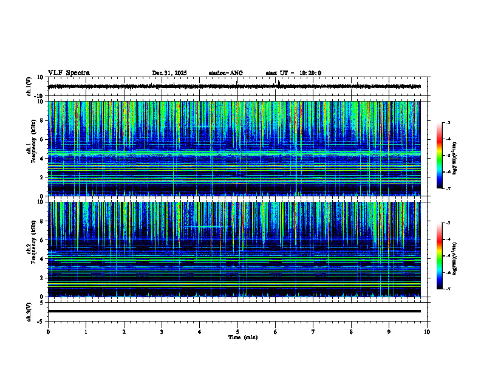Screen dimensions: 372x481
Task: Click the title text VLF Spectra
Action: pyautogui.click(x=69, y=73)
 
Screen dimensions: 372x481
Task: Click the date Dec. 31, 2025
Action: pyautogui.click(x=169, y=73)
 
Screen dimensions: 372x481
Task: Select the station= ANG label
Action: pyautogui.click(x=225, y=73)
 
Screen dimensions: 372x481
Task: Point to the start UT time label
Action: pyautogui.click(x=293, y=73)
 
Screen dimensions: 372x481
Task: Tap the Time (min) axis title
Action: pyautogui.click(x=242, y=337)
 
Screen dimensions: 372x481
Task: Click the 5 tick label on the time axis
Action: pyautogui.click(x=237, y=331)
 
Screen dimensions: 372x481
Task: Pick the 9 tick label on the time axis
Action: pyautogui.click(x=389, y=331)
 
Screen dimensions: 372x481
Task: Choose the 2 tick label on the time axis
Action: pyautogui.click(x=124, y=331)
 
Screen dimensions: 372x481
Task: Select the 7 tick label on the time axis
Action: pyautogui.click(x=313, y=331)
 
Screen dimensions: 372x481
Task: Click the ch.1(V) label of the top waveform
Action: pyautogui.click(x=29, y=86)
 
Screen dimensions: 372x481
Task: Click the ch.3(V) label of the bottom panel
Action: pyautogui.click(x=29, y=311)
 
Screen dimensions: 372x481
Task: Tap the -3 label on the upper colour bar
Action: pyautogui.click(x=448, y=123)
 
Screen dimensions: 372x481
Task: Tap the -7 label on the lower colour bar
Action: pyautogui.click(x=448, y=289)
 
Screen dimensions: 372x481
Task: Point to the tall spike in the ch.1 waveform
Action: pyautogui.click(x=278, y=83)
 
